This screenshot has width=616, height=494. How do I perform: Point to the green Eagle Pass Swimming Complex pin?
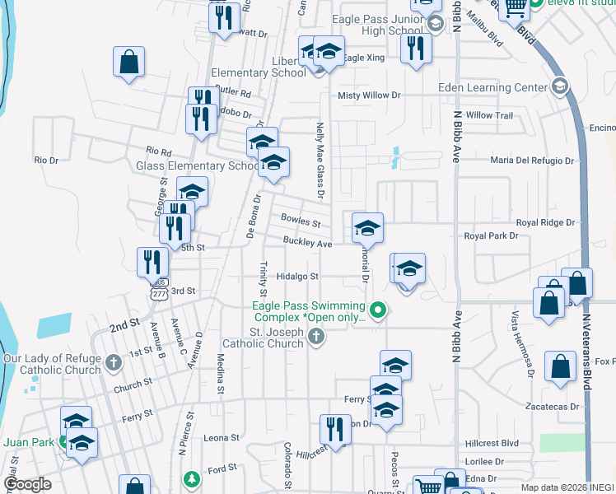[x=378, y=310]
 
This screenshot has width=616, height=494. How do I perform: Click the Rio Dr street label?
[x=46, y=160]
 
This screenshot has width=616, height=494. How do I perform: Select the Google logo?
[x=27, y=484]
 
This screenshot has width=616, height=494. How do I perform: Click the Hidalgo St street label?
[x=296, y=277]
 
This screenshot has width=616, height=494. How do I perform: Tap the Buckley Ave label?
[x=307, y=244]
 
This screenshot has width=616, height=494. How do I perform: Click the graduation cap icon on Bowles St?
[x=367, y=228]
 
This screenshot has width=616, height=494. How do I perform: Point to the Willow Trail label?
[x=489, y=115]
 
